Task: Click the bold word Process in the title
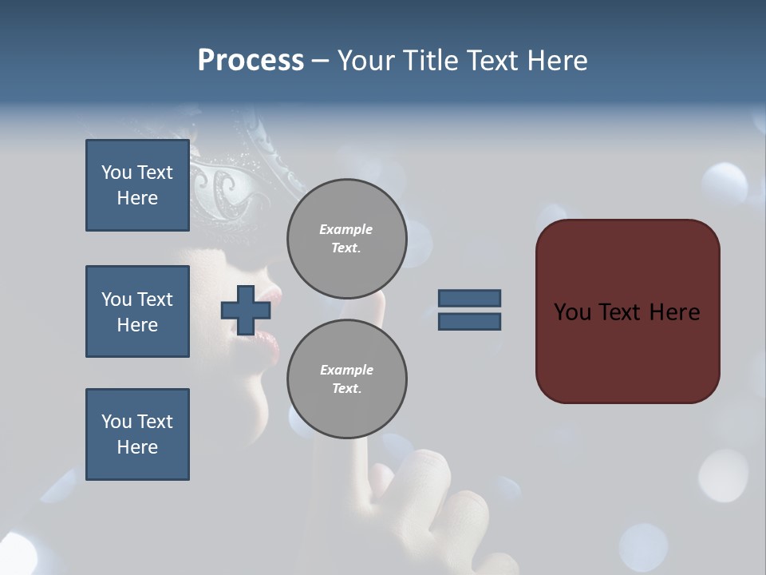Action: point(251,60)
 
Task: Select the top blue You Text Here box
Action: point(137,185)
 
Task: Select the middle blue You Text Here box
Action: point(137,311)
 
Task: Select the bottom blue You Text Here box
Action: point(137,434)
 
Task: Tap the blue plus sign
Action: point(246,310)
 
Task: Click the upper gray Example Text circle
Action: point(346,238)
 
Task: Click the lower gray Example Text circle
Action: point(346,379)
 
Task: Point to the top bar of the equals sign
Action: point(469,298)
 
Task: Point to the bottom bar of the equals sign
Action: point(469,321)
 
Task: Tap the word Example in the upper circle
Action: point(346,229)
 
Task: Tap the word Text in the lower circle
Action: point(346,388)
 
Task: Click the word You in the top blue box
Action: point(115,172)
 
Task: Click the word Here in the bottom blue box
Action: point(137,447)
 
